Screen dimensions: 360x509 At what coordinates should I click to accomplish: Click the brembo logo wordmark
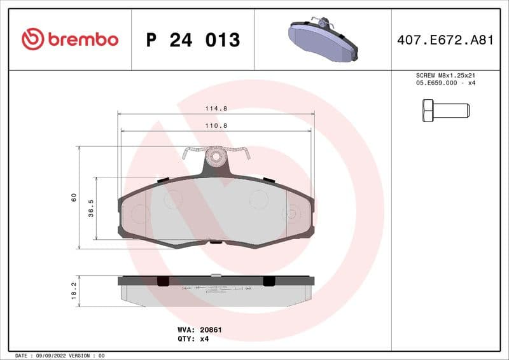pos(83,39)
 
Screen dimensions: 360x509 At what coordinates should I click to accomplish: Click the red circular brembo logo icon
pos(32,39)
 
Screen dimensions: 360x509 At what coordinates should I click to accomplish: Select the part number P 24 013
pos(193,40)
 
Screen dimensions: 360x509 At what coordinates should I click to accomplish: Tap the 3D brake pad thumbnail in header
pos(323,39)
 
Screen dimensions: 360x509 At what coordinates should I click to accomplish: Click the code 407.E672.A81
pos(445,40)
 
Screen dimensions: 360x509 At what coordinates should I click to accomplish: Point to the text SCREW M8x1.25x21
pos(445,75)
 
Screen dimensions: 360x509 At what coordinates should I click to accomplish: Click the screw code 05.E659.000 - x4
pos(445,83)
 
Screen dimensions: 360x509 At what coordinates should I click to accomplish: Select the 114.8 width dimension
pos(216,109)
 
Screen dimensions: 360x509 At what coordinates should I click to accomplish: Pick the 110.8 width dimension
pos(216,126)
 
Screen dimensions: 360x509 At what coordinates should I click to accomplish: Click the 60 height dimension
pos(74,197)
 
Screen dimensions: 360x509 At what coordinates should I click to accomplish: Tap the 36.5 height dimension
pos(91,208)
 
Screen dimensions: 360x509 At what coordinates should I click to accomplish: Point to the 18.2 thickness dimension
pos(74,291)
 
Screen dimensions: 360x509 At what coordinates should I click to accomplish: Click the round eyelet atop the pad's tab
pos(216,156)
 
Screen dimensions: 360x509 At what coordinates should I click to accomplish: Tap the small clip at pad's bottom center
pos(216,241)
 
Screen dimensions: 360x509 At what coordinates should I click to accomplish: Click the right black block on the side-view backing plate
pos(269,280)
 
